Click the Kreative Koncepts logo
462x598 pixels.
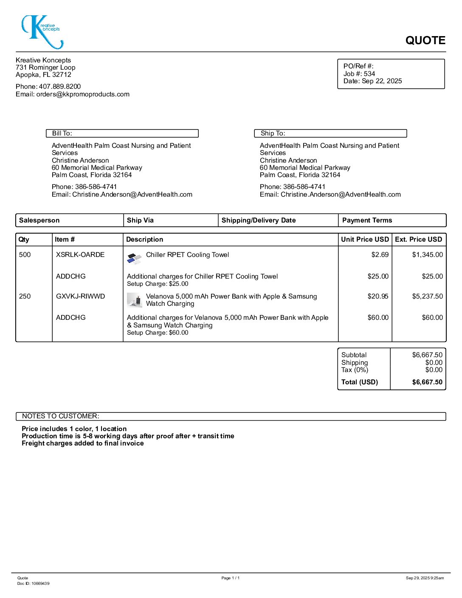(x=42, y=32)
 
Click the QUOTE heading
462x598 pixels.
(x=425, y=40)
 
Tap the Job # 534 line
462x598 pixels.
(x=359, y=73)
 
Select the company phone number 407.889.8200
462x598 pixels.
(x=59, y=87)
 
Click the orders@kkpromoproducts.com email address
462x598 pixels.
(x=83, y=94)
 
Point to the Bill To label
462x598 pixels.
(x=62, y=133)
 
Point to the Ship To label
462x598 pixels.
(x=273, y=133)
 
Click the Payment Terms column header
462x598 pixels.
(x=367, y=220)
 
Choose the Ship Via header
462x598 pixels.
(x=140, y=220)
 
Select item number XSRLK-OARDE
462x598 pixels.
(x=80, y=255)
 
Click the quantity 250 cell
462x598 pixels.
(x=25, y=296)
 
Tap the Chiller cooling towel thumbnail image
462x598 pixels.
(x=134, y=258)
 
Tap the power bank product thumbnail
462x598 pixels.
(x=135, y=300)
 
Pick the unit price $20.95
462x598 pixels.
(x=378, y=296)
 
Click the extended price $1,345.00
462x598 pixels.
(x=427, y=255)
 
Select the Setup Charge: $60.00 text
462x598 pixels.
(x=158, y=333)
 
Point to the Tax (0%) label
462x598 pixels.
(x=355, y=370)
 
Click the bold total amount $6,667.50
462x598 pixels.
(x=427, y=382)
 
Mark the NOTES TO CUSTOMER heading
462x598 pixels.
(x=61, y=416)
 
